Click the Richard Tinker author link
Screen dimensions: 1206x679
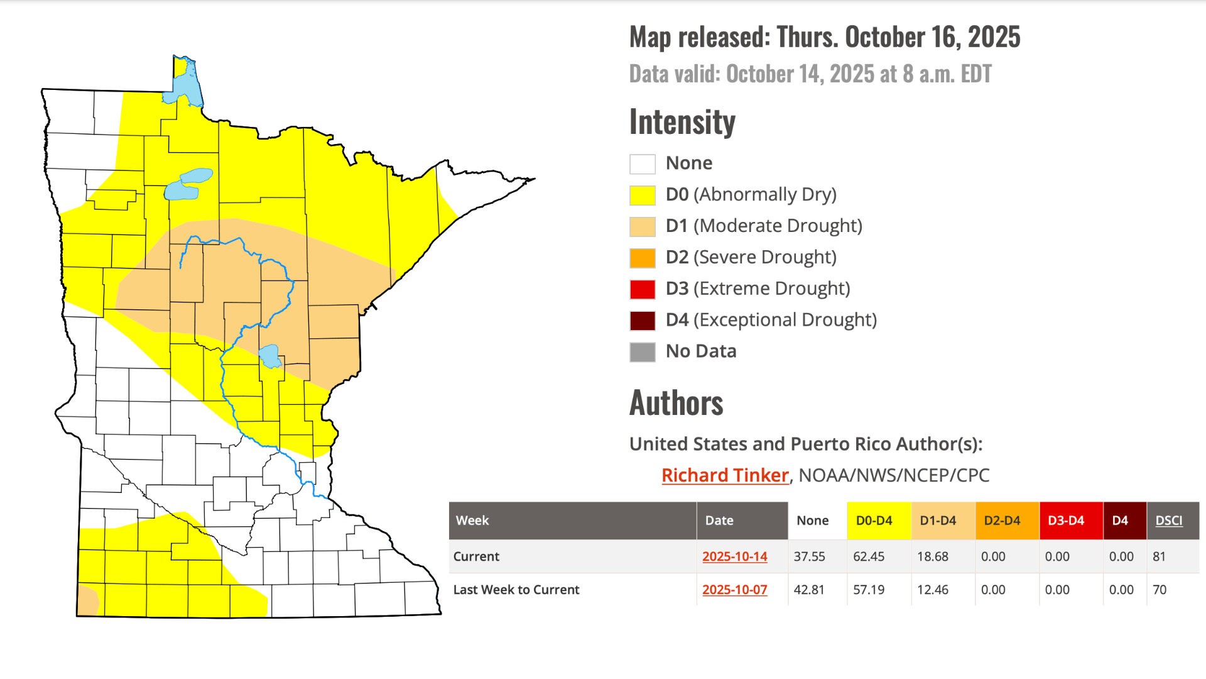coord(725,475)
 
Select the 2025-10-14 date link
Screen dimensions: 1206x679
coord(734,556)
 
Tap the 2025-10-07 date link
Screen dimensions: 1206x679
coord(734,590)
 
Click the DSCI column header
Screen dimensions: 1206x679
coord(1168,521)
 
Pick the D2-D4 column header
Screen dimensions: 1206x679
coord(1002,521)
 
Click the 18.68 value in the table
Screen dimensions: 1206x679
coord(932,556)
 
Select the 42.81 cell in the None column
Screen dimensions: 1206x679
coord(808,590)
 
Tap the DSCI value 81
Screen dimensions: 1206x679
coord(1159,556)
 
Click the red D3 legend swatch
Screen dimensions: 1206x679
coord(642,289)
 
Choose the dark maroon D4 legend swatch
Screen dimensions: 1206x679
coord(642,321)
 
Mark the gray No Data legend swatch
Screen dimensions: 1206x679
coord(642,352)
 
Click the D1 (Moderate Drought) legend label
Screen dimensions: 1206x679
coord(763,226)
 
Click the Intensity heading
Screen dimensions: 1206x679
coord(682,122)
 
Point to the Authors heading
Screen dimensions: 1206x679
coord(676,403)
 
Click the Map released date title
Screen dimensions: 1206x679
coord(824,37)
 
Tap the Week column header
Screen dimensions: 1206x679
coord(472,521)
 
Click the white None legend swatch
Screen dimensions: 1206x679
coord(642,164)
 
